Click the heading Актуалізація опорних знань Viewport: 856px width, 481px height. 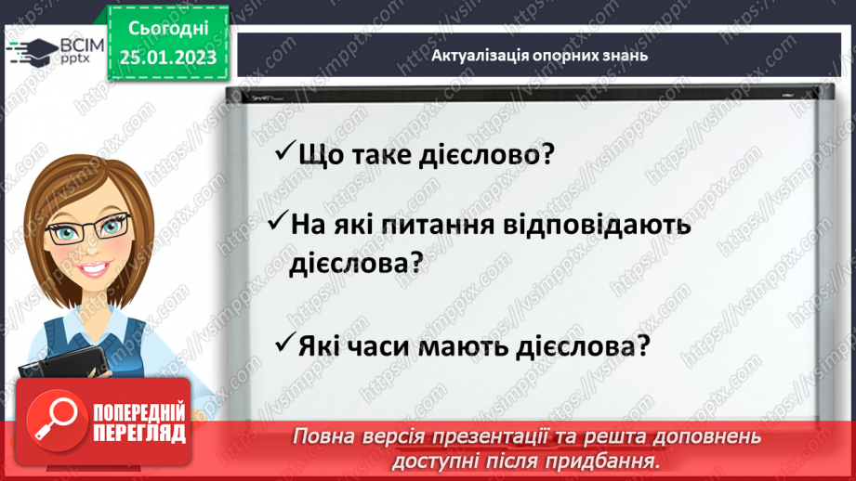tap(539, 55)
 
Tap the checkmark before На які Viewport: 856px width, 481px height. tap(276, 224)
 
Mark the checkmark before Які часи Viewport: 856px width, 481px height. tap(284, 344)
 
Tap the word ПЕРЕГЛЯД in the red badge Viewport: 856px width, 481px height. tap(139, 432)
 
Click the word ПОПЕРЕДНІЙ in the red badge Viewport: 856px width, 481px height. tap(139, 411)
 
